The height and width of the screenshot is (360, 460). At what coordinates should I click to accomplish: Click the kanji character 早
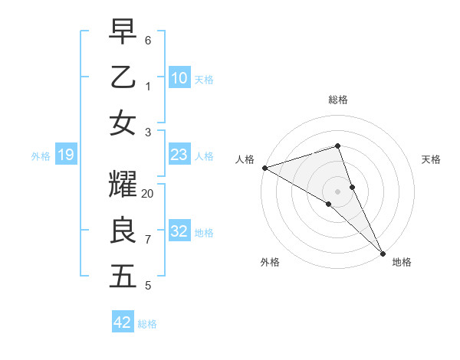click(x=123, y=33)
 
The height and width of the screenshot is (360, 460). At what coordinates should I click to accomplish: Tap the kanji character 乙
click(x=123, y=77)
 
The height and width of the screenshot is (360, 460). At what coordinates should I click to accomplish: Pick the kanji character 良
click(x=123, y=231)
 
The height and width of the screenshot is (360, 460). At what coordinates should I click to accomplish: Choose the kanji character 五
click(x=123, y=277)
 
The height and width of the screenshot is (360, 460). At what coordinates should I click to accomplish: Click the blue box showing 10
click(x=179, y=77)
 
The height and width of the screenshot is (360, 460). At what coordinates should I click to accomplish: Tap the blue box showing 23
click(x=179, y=155)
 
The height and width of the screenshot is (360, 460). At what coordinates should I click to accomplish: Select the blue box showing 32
click(x=179, y=231)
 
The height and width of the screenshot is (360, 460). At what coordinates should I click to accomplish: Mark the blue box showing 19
click(x=65, y=155)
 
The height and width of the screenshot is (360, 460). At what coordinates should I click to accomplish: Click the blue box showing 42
click(x=123, y=322)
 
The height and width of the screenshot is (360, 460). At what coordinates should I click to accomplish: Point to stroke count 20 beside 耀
click(x=148, y=194)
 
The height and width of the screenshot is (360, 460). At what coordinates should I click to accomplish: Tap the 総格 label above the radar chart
click(x=338, y=100)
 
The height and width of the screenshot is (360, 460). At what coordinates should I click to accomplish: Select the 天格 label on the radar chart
click(x=432, y=159)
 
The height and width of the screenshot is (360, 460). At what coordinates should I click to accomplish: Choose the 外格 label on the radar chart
click(x=270, y=262)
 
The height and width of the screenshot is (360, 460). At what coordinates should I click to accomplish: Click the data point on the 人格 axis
click(x=264, y=168)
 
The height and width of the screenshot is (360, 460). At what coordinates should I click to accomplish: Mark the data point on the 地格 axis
click(x=383, y=254)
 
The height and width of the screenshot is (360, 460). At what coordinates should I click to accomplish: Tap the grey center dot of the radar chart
click(x=337, y=191)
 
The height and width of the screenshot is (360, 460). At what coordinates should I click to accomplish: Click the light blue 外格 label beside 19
click(x=41, y=156)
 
